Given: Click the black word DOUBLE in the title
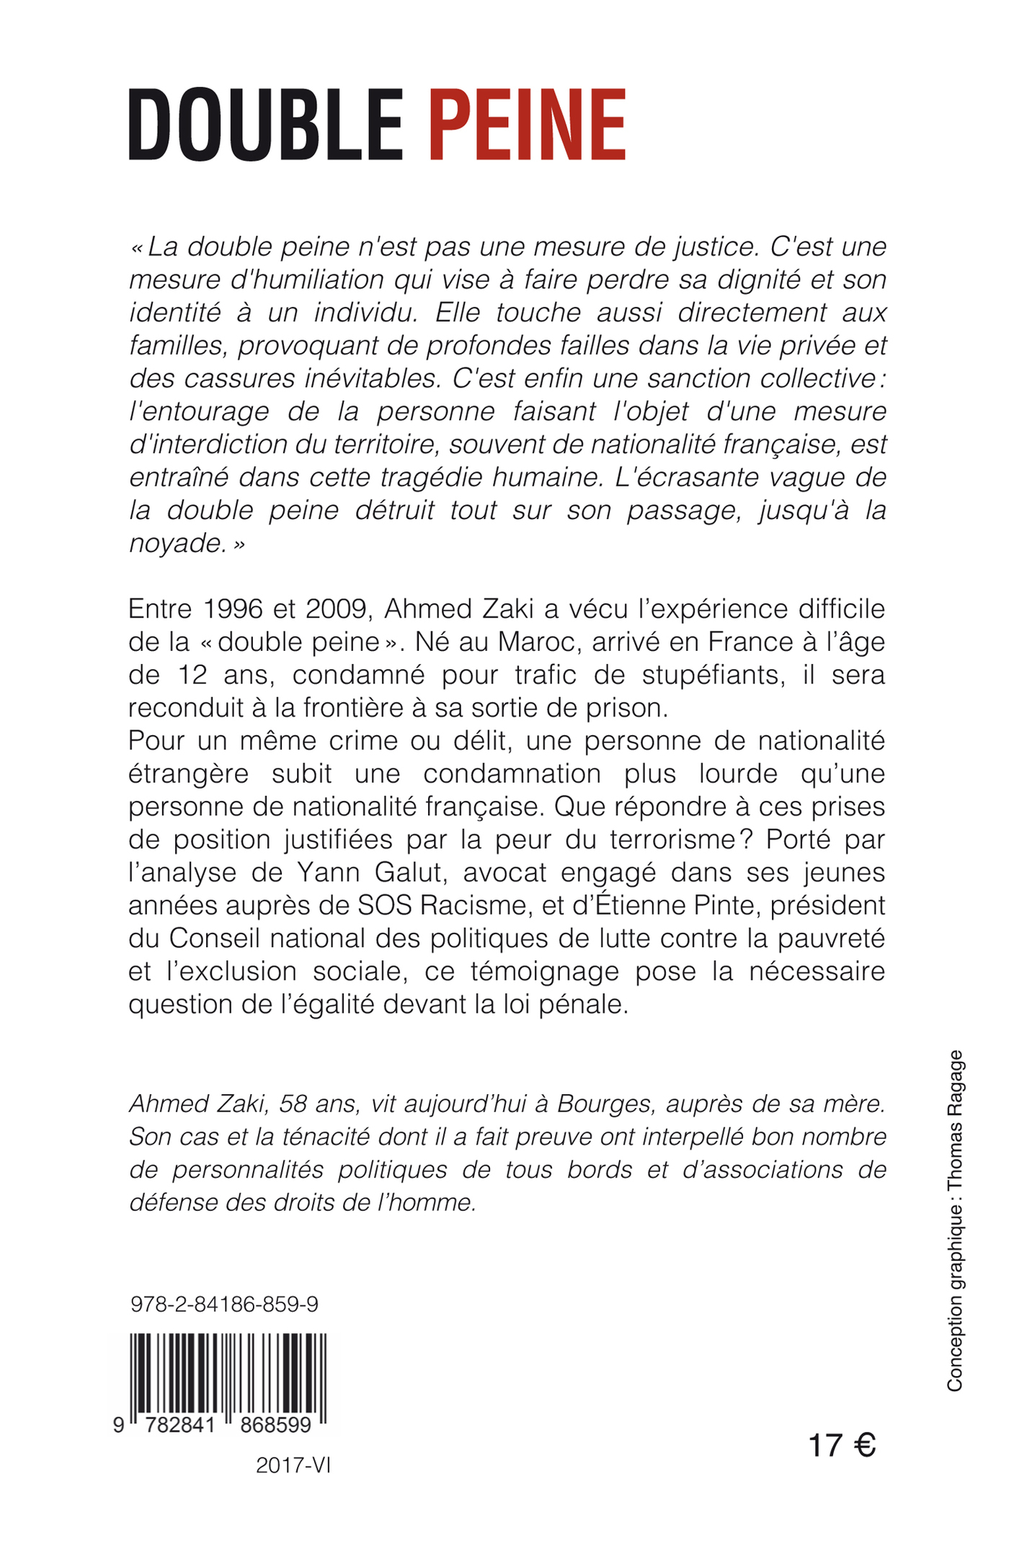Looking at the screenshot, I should point(265,124).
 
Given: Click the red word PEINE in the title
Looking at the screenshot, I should point(527,124).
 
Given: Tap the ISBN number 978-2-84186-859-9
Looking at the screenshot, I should point(224,1304).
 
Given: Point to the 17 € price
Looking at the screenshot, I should point(841,1445).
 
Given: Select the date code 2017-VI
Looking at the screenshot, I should point(293,1465).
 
